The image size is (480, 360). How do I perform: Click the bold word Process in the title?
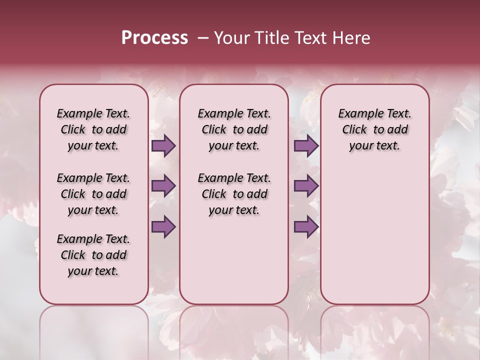[154, 38]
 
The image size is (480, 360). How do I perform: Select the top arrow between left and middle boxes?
[163, 145]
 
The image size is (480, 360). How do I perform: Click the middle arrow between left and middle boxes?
[163, 186]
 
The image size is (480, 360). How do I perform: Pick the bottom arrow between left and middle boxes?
[163, 226]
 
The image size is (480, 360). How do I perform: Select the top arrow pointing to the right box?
[306, 145]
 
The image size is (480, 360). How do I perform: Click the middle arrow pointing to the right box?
[306, 186]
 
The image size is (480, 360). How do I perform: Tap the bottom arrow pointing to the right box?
[306, 226]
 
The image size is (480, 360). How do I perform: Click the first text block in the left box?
[93, 129]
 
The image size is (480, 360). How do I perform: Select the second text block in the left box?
[93, 194]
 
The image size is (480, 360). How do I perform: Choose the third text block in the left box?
[93, 255]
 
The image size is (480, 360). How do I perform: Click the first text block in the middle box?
[234, 129]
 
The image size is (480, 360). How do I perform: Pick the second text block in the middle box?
[234, 194]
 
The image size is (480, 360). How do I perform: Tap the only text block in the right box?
[374, 129]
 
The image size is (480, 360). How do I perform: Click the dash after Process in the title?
[202, 38]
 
